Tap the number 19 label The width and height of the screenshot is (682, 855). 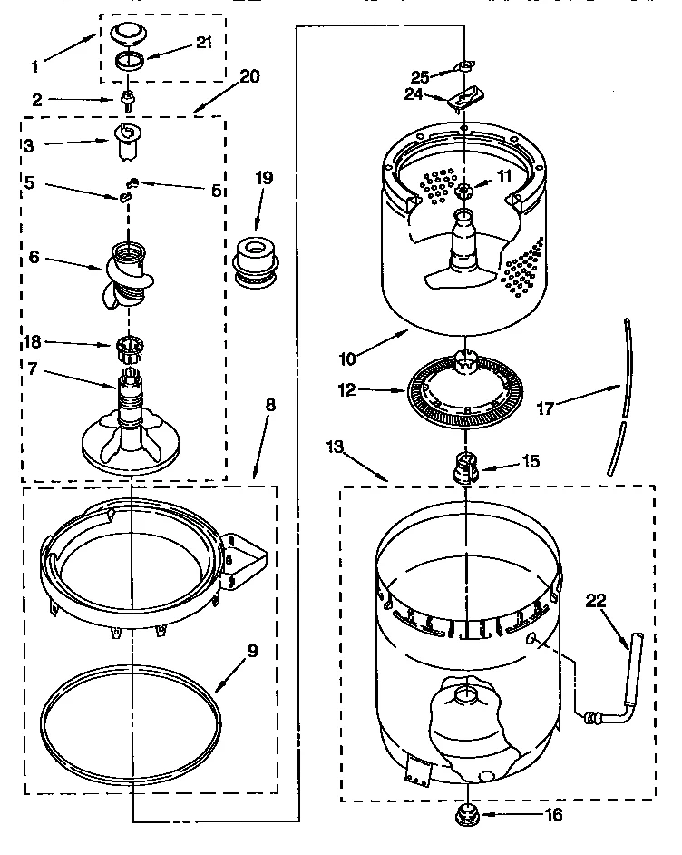click(263, 179)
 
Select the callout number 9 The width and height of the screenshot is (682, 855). click(253, 650)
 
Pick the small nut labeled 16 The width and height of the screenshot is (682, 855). click(467, 815)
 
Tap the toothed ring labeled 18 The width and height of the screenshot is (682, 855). click(128, 345)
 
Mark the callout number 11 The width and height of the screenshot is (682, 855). click(503, 175)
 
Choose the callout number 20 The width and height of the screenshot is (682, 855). click(248, 76)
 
